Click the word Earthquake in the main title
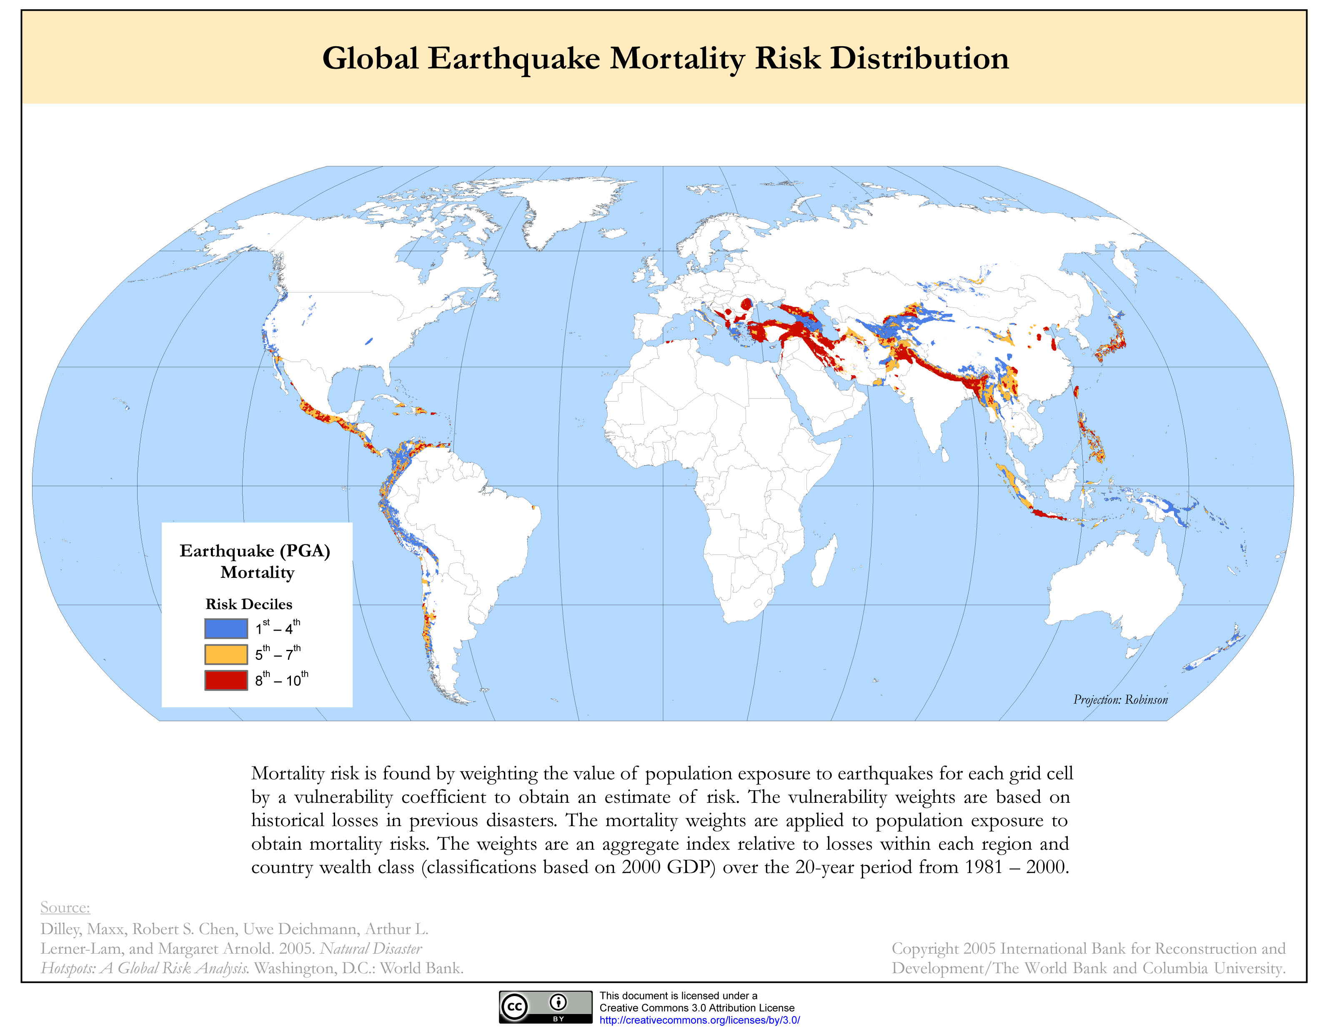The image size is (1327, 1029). (x=513, y=59)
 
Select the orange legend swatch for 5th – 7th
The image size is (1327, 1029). (x=226, y=654)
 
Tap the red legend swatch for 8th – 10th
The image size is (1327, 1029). (x=226, y=680)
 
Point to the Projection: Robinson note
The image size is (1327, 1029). (x=1120, y=700)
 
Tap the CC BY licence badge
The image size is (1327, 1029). (x=545, y=1007)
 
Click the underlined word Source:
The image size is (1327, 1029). (x=65, y=907)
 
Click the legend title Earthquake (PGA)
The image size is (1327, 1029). (x=255, y=550)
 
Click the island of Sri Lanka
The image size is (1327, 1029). (x=945, y=455)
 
